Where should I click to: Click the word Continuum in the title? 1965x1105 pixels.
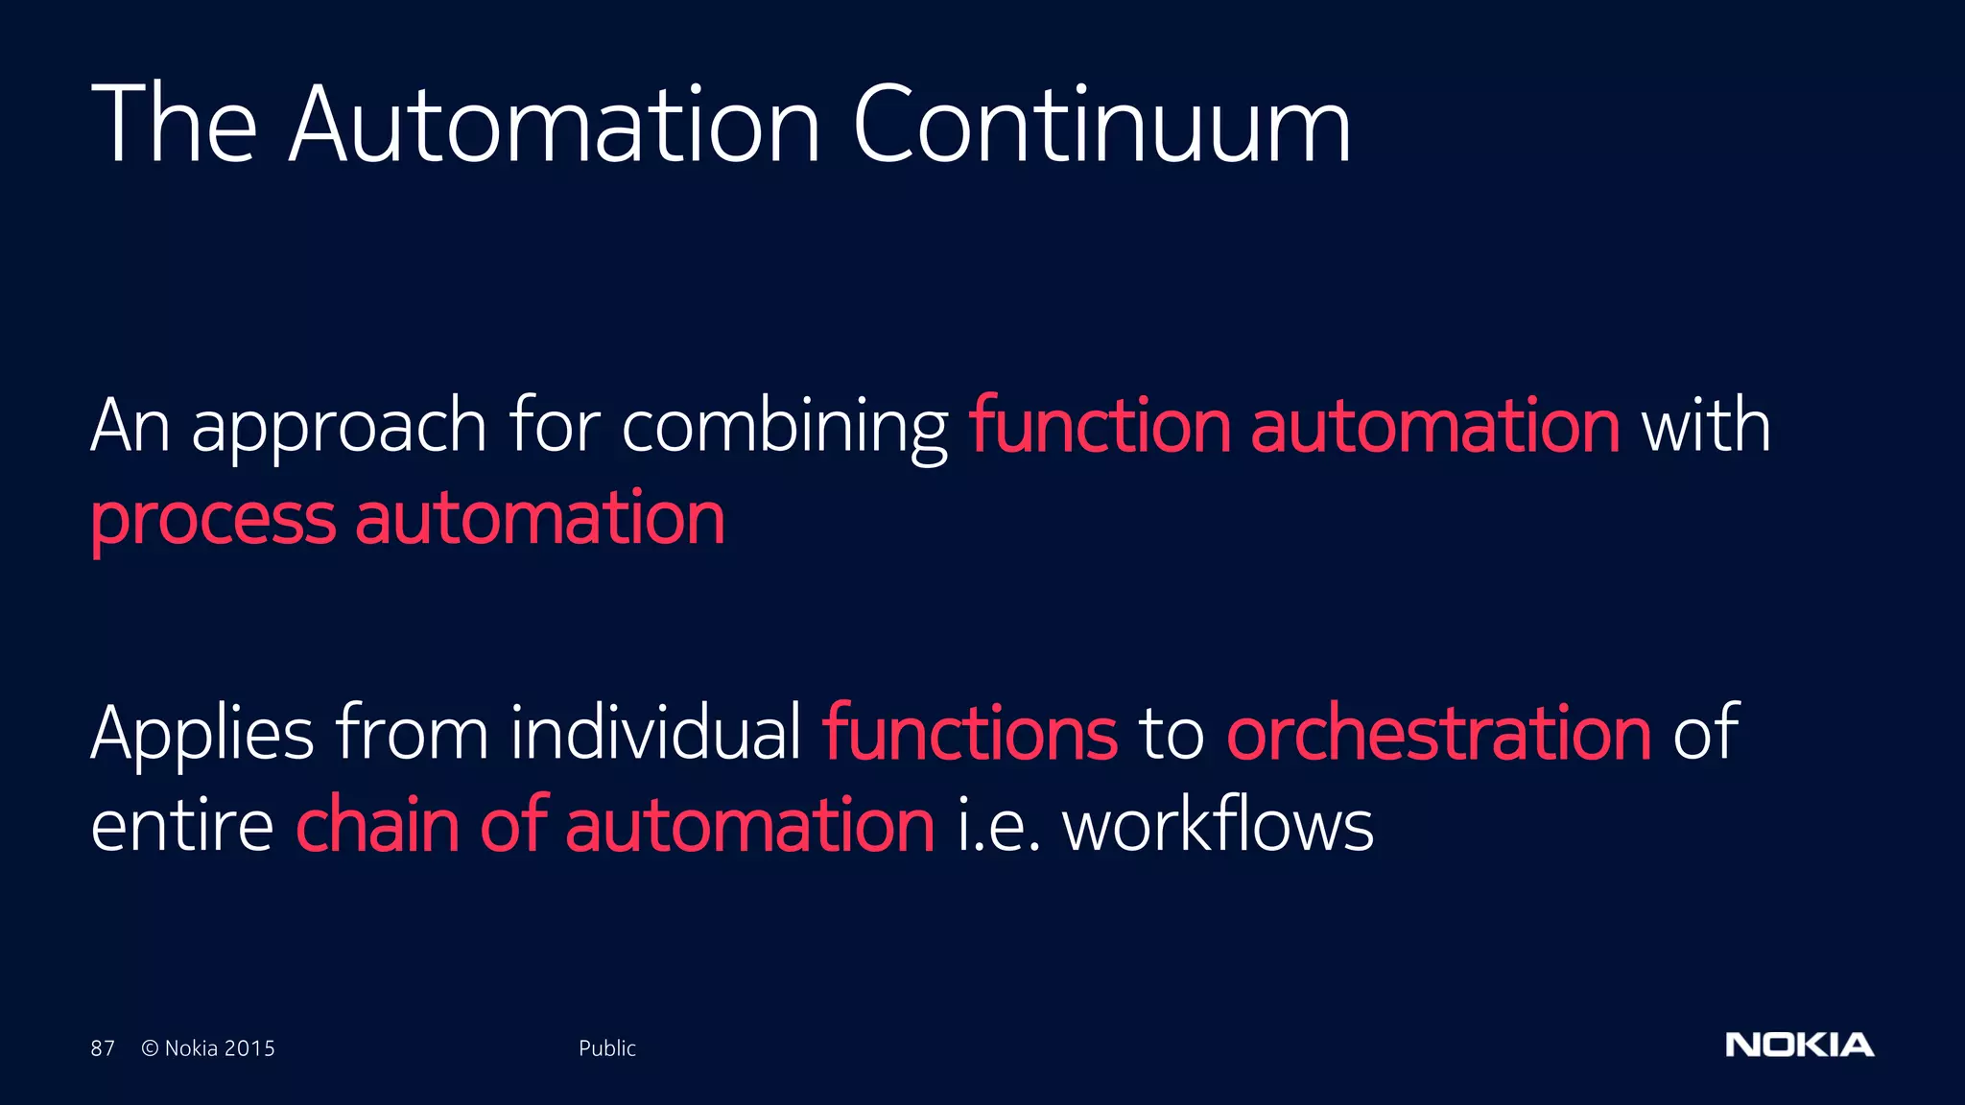click(x=1101, y=125)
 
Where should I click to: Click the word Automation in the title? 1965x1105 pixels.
click(x=555, y=125)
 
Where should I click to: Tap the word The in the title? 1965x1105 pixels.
click(x=174, y=125)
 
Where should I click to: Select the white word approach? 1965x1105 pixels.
click(x=339, y=427)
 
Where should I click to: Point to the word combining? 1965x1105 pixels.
click(x=785, y=427)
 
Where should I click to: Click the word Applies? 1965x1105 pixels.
click(x=202, y=735)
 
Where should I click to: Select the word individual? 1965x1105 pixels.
click(x=655, y=733)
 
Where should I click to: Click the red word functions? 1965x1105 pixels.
click(x=970, y=733)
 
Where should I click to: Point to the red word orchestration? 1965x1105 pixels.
click(x=1439, y=733)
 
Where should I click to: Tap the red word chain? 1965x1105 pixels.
click(x=377, y=825)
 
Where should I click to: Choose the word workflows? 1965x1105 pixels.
click(x=1218, y=825)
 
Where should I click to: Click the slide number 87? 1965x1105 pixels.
click(x=103, y=1048)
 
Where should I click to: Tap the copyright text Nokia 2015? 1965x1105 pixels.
click(x=208, y=1048)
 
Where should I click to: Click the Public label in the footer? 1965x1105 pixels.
click(x=606, y=1048)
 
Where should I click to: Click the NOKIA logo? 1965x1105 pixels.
click(x=1799, y=1045)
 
